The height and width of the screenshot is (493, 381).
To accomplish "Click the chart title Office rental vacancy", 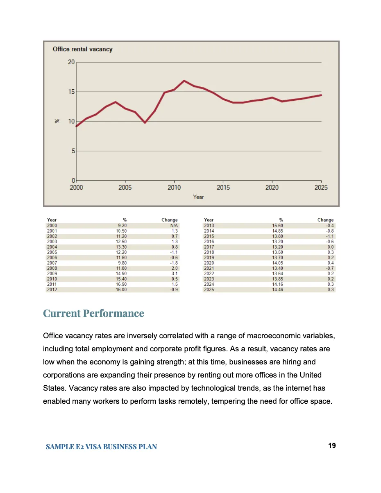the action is (82, 49).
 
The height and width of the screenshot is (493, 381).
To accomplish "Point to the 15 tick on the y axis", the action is (71, 92).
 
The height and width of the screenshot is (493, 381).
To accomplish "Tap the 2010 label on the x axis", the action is (174, 188).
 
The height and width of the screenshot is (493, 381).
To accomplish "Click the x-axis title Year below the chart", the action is (198, 197).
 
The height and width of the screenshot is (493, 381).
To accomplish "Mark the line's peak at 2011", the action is (184, 81).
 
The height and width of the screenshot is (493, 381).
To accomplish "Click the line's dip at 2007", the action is (145, 122).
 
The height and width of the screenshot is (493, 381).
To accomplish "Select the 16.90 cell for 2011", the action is (121, 284).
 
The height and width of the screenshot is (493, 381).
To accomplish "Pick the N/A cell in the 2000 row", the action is (174, 226).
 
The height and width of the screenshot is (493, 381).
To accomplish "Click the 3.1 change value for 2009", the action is (175, 274).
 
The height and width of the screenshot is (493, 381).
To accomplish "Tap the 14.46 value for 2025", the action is (277, 290).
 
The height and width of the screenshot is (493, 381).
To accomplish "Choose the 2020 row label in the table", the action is (209, 263).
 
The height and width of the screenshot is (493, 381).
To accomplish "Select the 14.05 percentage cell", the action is (277, 263).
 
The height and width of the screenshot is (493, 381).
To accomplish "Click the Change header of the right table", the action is (325, 220).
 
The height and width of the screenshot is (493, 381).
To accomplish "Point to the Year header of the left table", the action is (52, 220).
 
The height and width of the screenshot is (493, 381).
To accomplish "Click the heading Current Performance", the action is (93, 313).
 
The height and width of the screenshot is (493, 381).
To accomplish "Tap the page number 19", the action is (332, 446).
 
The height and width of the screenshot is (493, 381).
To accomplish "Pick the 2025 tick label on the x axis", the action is (321, 188).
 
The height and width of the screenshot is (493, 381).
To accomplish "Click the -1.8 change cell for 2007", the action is (174, 263).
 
